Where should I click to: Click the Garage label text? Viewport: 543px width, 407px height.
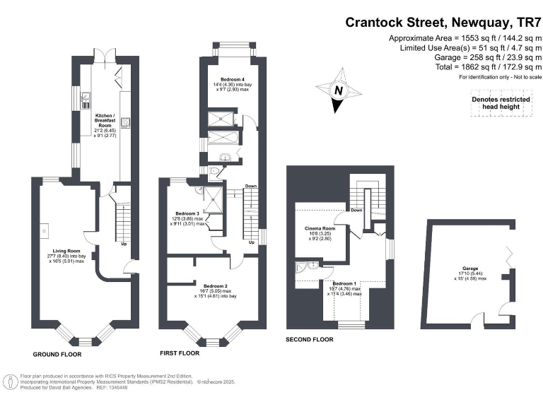[x=470, y=269]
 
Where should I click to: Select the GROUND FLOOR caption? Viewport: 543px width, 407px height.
[x=57, y=354]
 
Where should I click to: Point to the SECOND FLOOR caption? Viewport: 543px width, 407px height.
[x=309, y=339]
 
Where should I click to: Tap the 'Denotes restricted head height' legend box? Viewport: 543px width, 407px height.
[x=501, y=103]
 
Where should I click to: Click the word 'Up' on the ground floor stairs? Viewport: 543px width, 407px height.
[x=124, y=245]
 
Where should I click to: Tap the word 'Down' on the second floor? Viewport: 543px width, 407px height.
[x=356, y=210]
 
